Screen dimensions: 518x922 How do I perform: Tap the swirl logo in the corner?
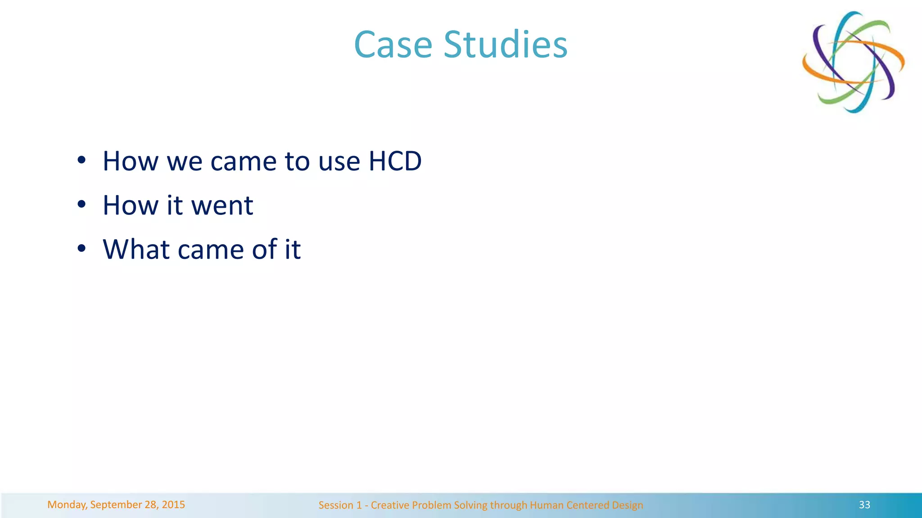pyautogui.click(x=853, y=62)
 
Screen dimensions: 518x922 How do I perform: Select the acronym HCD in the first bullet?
pyautogui.click(x=395, y=161)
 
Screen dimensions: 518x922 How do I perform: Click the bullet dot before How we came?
pyautogui.click(x=81, y=161)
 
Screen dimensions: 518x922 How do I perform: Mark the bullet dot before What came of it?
pyautogui.click(x=81, y=249)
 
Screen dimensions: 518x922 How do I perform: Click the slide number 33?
pyautogui.click(x=864, y=505)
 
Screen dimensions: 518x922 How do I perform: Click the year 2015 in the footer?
pyautogui.click(x=173, y=505)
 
